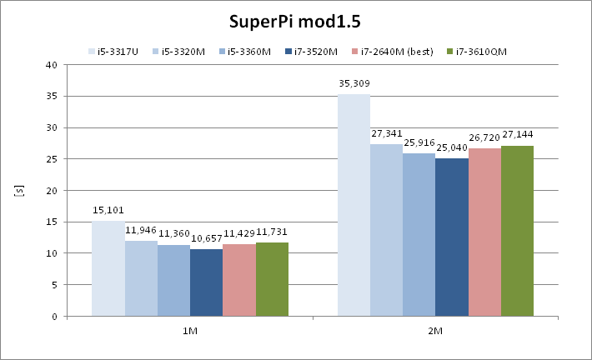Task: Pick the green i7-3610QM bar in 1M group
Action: coord(272,279)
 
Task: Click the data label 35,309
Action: coord(354,83)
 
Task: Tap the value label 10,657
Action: coord(206,238)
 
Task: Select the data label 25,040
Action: coord(452,148)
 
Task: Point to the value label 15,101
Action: coord(108,211)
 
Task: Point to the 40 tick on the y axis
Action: coord(51,65)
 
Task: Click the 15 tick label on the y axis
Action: coord(51,222)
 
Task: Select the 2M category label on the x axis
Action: coord(435,330)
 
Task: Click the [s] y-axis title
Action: coord(18,191)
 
